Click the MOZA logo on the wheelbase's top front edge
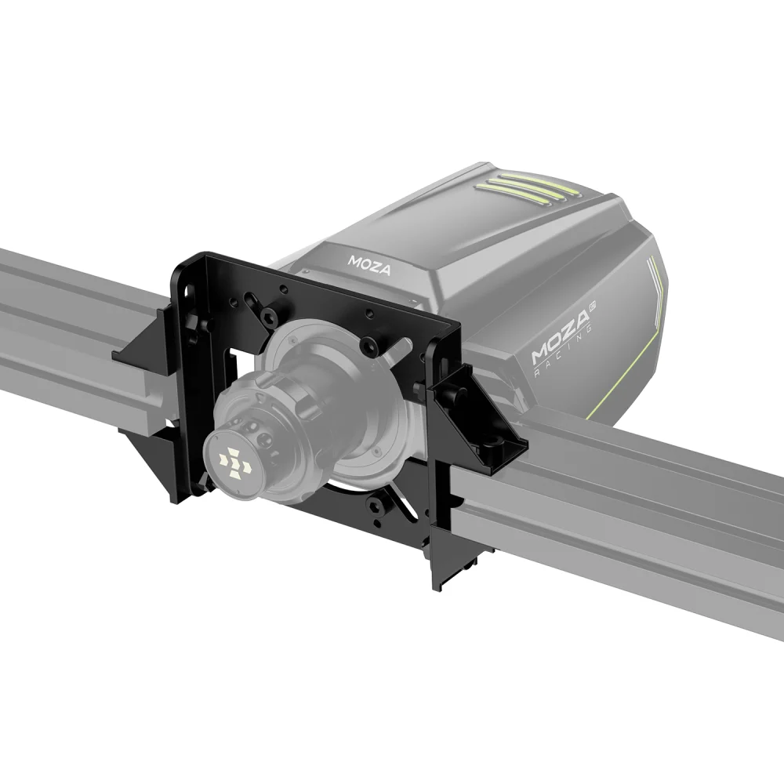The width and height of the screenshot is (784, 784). point(369,260)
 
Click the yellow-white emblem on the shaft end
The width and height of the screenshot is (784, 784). point(234,462)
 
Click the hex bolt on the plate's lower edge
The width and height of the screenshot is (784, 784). point(379,508)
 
